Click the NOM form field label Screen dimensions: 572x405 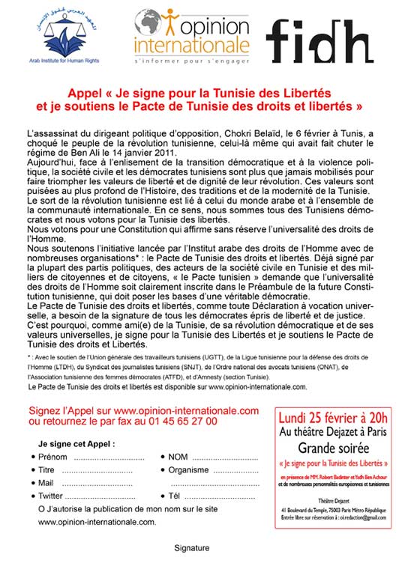[178, 457]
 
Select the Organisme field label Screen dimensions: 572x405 [187, 470]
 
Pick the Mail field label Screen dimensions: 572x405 [46, 483]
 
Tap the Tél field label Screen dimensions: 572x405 [175, 496]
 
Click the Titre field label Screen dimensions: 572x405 [47, 470]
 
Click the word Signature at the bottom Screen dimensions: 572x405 [191, 548]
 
